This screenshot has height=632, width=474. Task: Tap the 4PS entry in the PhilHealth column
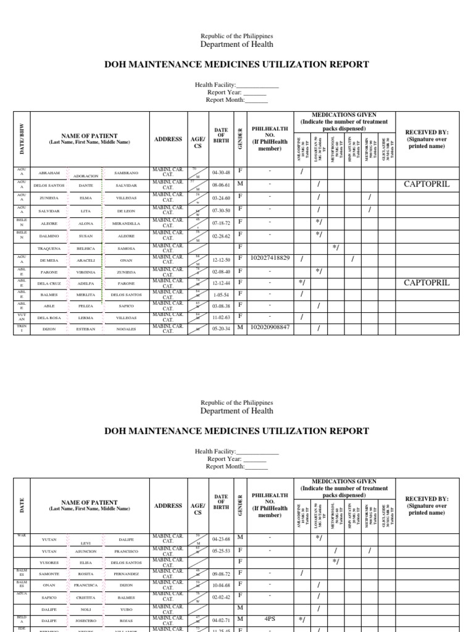(269, 618)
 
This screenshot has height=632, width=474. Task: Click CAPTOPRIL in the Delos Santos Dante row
(426, 184)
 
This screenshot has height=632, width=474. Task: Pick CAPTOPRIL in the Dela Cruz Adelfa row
(426, 283)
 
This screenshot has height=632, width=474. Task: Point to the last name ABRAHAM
(49, 173)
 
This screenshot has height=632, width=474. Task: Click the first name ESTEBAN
(86, 329)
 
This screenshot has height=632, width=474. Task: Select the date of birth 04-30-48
(221, 173)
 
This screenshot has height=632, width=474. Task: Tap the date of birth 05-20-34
(221, 328)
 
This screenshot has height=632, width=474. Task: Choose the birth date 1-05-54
(221, 294)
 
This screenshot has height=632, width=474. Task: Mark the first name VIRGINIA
(86, 272)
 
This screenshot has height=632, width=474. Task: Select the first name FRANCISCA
(86, 586)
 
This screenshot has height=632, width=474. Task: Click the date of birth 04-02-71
(221, 618)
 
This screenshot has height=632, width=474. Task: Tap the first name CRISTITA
(86, 597)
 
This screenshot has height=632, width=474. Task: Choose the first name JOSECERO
(86, 620)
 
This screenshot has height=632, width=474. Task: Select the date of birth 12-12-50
(221, 259)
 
